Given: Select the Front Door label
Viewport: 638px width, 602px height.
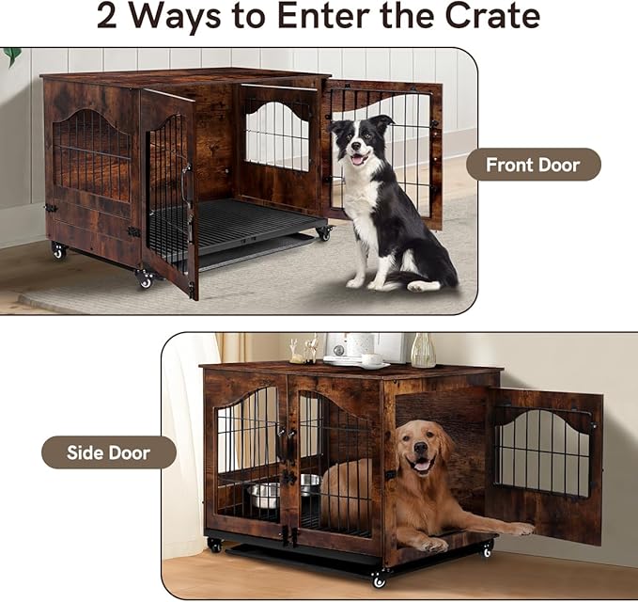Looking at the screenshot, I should tap(532, 165).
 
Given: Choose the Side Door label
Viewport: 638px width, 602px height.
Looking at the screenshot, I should tap(108, 452).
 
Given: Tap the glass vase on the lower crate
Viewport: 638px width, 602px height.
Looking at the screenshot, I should tap(423, 350).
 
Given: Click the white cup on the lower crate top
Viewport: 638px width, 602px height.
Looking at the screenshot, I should tap(370, 358).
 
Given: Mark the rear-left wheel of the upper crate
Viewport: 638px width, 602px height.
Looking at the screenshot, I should tap(58, 251).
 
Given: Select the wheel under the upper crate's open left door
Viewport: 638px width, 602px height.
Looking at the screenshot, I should tap(145, 279).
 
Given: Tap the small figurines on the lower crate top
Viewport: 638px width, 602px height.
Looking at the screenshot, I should tap(304, 351).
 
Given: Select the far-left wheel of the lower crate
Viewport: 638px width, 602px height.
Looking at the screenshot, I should tap(215, 545).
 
